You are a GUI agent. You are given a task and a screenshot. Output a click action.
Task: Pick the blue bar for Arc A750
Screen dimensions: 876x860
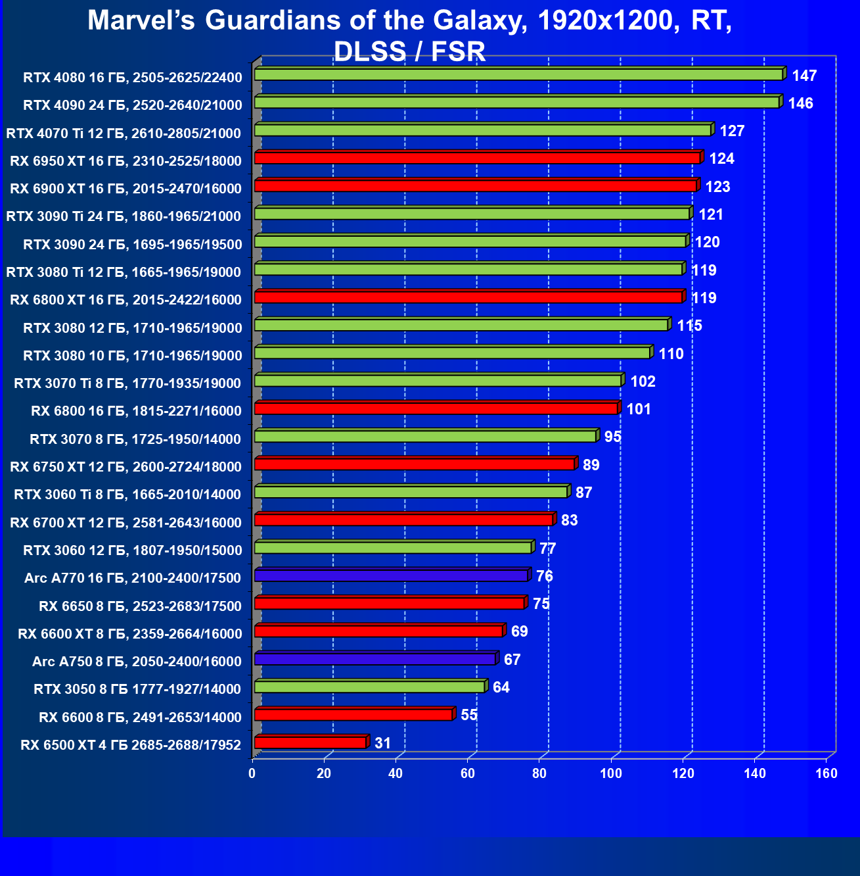(x=374, y=659)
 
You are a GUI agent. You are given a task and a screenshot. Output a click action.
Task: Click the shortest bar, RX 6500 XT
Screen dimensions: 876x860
(x=309, y=742)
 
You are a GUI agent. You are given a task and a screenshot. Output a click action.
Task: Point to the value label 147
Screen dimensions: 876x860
(x=804, y=76)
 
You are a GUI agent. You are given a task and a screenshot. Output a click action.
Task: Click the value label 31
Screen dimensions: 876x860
(x=382, y=743)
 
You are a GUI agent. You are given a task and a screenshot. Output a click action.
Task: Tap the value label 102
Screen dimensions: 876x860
(x=643, y=381)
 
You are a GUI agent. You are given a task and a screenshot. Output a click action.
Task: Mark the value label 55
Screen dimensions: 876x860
(x=469, y=715)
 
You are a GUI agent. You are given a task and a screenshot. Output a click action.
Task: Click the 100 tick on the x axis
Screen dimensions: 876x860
(x=611, y=773)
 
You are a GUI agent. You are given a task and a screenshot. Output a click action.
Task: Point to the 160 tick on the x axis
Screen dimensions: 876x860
(x=826, y=773)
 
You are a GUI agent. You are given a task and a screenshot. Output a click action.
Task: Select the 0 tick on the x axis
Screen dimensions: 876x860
(x=252, y=773)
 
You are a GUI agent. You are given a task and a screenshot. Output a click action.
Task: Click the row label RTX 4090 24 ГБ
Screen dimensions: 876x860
(x=132, y=105)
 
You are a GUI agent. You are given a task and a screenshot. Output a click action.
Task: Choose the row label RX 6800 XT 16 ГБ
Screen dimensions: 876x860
(x=125, y=300)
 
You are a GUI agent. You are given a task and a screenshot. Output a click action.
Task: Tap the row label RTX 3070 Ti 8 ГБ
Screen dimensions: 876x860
(x=127, y=383)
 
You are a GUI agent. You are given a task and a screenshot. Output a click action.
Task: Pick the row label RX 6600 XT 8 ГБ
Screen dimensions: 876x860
(x=129, y=634)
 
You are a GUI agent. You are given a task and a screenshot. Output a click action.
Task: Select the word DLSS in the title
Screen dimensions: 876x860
(x=369, y=51)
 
